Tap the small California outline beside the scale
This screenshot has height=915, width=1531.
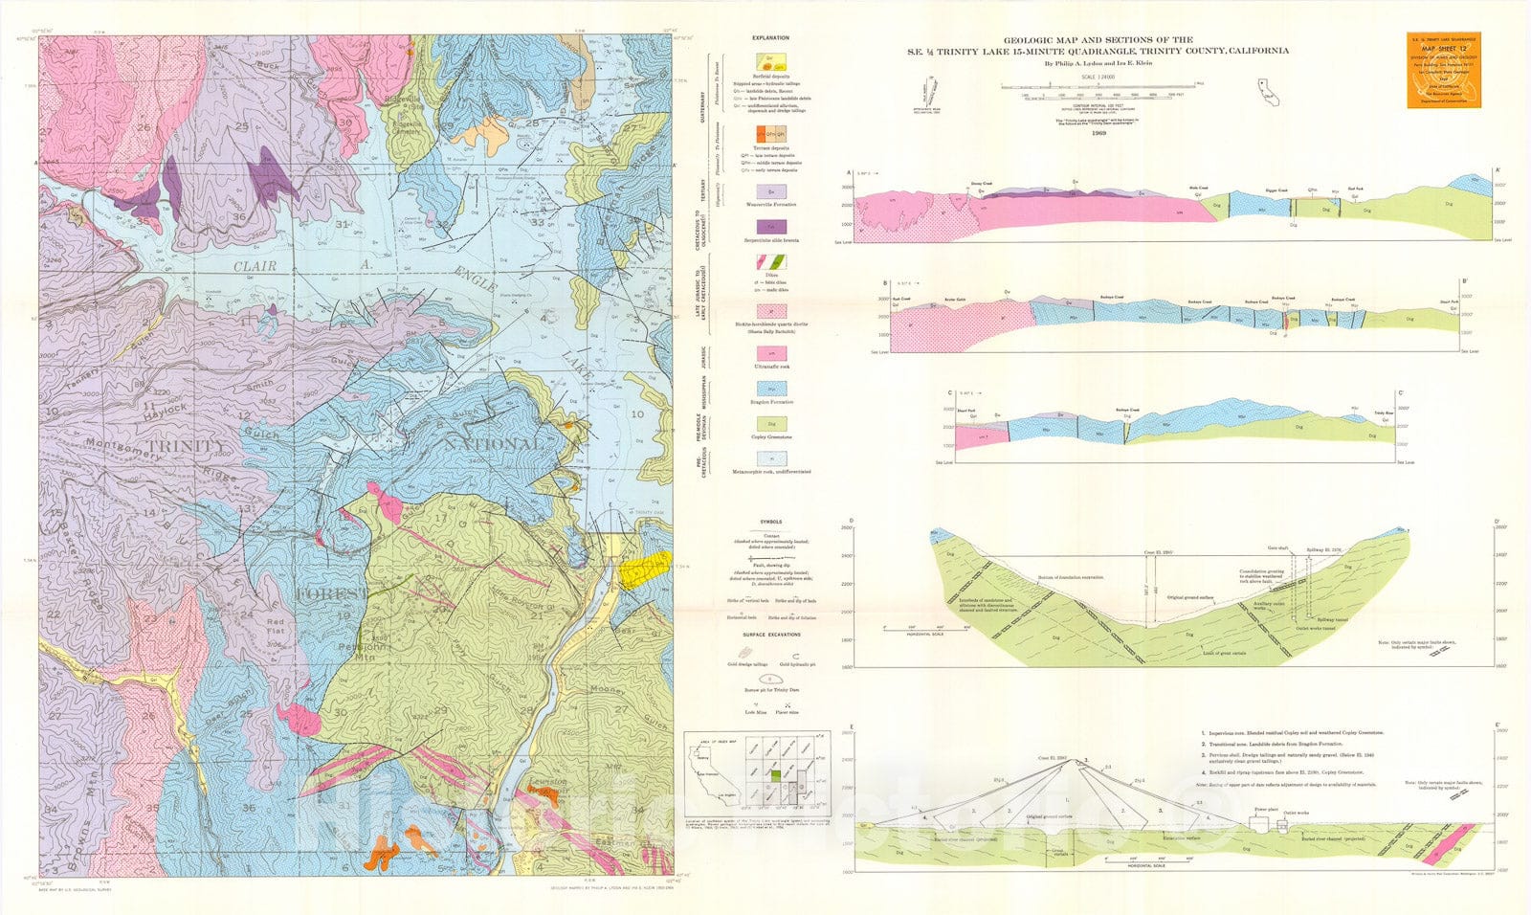[1269, 91]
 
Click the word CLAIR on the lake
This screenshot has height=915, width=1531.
[254, 267]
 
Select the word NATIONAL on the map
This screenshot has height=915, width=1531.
[495, 445]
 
